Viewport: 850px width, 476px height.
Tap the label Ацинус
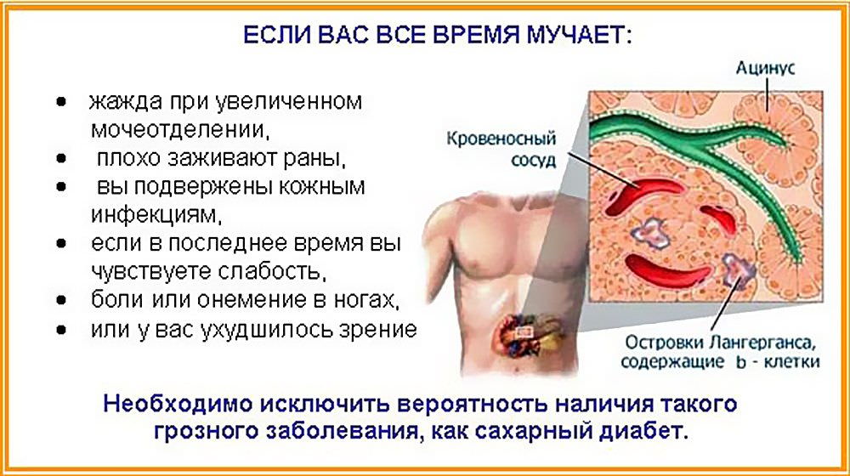765,68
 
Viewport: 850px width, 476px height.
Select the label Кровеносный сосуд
501,149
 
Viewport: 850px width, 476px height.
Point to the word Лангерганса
758,342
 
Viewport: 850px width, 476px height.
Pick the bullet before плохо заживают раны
62,158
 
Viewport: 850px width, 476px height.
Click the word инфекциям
156,215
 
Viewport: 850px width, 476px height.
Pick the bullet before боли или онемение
62,300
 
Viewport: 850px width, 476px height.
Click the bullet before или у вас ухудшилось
62,330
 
